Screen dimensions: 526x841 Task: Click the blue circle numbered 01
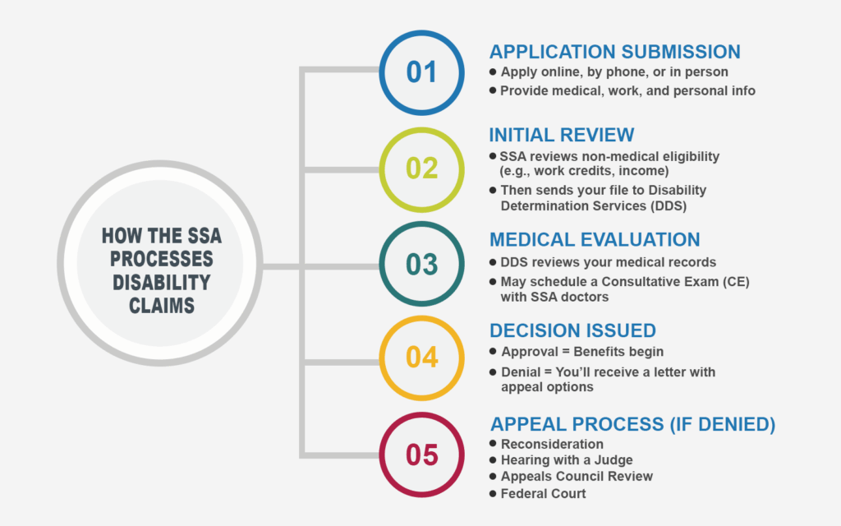(421, 72)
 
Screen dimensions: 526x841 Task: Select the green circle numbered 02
(421, 168)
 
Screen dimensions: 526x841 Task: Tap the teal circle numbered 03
(421, 264)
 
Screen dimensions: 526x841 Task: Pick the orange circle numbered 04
(421, 358)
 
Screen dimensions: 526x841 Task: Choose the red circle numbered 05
(421, 454)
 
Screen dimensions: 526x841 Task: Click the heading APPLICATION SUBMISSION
(614, 52)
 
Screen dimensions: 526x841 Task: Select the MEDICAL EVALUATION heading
(595, 239)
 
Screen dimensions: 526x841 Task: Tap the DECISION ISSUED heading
(572, 330)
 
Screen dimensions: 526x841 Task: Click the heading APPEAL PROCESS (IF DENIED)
(632, 425)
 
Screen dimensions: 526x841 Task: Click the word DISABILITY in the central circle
(161, 282)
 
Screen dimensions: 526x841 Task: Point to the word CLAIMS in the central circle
(161, 305)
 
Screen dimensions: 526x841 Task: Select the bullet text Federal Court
(543, 493)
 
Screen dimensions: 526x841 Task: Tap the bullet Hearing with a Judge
(567, 460)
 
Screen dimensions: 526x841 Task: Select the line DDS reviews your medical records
(609, 262)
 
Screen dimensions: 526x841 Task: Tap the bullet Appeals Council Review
(577, 477)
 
